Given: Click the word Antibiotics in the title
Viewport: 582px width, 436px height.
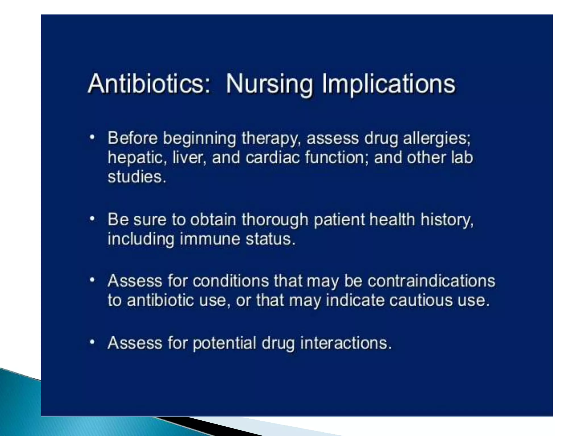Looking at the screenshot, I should pos(149,83).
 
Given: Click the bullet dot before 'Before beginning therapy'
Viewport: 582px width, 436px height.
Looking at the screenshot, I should pos(92,138).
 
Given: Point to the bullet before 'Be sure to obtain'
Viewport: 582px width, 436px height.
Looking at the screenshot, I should pos(92,219).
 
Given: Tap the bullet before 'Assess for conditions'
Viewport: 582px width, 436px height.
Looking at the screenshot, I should pos(92,280).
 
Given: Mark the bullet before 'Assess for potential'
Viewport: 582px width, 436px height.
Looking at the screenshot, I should pos(92,342).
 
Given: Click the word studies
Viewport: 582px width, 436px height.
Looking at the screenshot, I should pos(137,177).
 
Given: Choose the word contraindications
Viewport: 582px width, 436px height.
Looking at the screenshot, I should pos(431,281).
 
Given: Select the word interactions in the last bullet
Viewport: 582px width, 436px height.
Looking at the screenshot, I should pos(346,343).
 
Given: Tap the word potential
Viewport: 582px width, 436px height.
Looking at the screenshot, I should pos(225,343).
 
